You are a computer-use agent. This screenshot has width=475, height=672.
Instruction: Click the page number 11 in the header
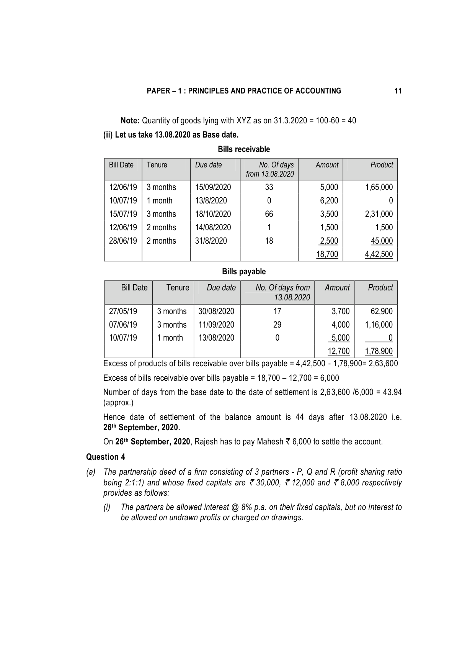[398, 91]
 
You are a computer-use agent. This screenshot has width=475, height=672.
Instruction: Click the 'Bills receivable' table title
[244, 149]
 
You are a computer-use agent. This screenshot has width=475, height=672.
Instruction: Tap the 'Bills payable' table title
[244, 272]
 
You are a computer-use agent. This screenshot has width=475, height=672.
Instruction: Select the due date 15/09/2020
[213, 187]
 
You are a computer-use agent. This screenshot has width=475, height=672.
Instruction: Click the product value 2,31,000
[379, 214]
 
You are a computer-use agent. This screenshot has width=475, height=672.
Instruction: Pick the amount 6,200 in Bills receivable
[329, 201]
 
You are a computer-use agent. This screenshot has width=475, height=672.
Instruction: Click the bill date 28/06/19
[123, 241]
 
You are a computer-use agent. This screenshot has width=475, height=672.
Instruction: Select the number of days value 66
[269, 214]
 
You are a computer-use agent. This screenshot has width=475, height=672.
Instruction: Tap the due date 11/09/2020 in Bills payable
[216, 325]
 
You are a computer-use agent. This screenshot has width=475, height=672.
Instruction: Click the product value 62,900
[382, 311]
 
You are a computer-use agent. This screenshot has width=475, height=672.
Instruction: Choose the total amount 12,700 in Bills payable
[339, 351]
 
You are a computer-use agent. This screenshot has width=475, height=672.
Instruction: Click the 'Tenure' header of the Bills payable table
[178, 288]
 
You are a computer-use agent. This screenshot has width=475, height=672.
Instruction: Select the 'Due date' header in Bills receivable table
[208, 165]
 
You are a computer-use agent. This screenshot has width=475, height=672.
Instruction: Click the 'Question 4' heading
[105, 457]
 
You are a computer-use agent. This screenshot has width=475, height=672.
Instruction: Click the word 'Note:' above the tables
[130, 121]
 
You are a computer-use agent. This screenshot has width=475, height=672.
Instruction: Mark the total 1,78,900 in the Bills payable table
[379, 351]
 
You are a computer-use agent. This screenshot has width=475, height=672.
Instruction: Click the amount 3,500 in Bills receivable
[329, 214]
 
